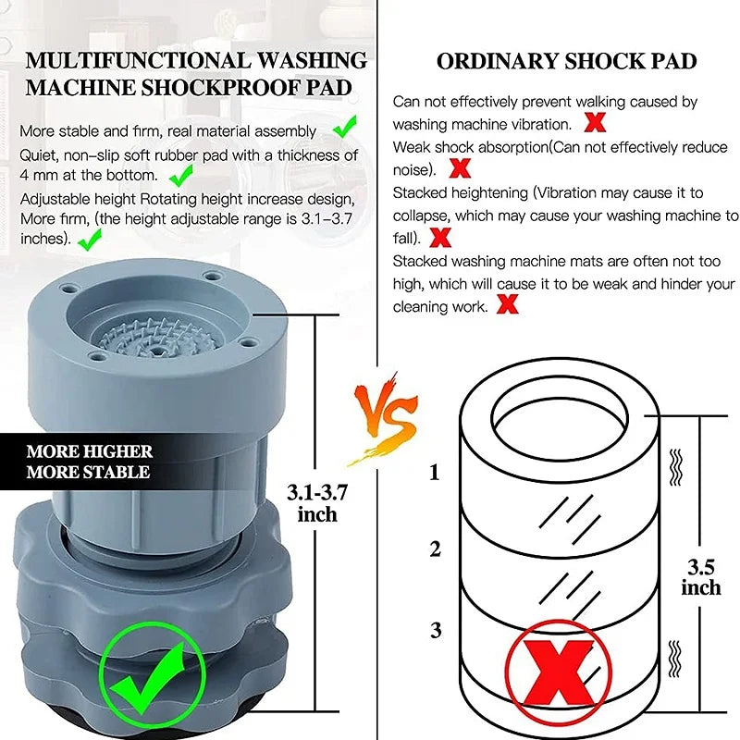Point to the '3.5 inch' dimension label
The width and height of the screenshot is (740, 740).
click(x=700, y=574)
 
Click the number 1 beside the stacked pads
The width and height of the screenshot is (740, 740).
click(x=435, y=474)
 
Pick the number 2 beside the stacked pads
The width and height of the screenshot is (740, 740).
click(x=435, y=549)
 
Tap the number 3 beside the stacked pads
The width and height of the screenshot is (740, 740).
click(x=435, y=631)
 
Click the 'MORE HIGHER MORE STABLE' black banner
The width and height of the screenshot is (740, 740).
click(x=88, y=462)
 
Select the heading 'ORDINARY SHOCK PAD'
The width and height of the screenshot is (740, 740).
click(x=567, y=63)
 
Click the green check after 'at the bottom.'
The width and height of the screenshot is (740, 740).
click(x=180, y=174)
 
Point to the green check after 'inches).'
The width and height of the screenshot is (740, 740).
click(x=89, y=240)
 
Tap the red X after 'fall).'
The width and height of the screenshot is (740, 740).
click(x=440, y=238)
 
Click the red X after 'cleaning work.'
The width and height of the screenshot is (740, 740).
click(x=507, y=304)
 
